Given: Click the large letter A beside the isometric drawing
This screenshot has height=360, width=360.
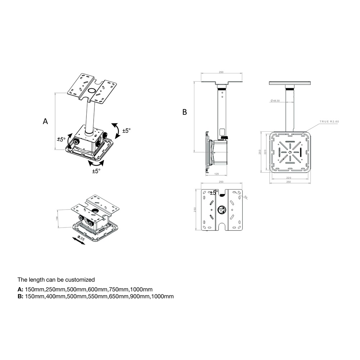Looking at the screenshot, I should (x=45, y=121).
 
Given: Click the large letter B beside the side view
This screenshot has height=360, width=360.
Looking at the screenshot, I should (x=185, y=112).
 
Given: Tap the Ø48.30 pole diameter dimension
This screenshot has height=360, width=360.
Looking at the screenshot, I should (x=275, y=101).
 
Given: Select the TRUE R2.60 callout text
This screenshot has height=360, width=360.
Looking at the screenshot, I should (x=329, y=122).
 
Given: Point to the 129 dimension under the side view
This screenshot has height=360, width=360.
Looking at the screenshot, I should (x=216, y=174).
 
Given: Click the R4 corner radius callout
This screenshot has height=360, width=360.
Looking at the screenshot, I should (x=246, y=197).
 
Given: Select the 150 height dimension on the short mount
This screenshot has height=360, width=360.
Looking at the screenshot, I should (x=57, y=218).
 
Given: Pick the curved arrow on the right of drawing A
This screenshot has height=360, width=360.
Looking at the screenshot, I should (x=116, y=130).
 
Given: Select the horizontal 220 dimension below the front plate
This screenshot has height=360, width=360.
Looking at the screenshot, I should (x=288, y=178).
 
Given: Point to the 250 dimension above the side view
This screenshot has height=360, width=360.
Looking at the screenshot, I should (x=221, y=72).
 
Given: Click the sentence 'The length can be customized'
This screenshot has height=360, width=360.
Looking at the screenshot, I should (x=56, y=279).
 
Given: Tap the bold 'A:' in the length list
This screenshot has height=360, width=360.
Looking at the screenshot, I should (x=21, y=289).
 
